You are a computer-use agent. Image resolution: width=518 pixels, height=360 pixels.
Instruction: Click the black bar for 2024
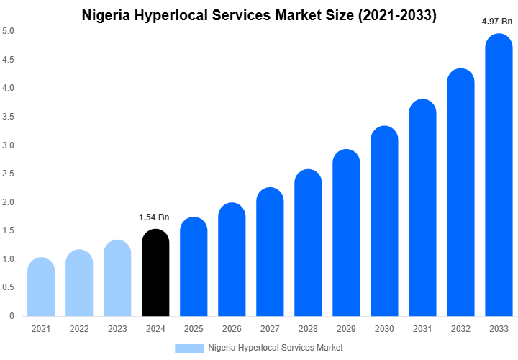(155, 274)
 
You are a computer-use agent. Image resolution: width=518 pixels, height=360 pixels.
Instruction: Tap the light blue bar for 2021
(41, 288)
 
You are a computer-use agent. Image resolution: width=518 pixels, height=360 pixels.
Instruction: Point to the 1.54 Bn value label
(154, 217)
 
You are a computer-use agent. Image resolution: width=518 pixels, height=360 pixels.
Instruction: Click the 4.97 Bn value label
(497, 22)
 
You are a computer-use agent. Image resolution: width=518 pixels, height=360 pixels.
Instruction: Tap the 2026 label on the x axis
(232, 329)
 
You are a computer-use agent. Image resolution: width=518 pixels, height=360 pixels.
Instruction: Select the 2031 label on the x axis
(422, 329)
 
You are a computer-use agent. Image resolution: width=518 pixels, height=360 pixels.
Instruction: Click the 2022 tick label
(79, 329)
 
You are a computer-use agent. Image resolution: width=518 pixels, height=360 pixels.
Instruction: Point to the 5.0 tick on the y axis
(8, 31)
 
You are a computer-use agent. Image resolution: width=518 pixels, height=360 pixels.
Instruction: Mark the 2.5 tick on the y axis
(8, 174)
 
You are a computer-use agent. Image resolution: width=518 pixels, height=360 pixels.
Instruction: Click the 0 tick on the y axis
(12, 316)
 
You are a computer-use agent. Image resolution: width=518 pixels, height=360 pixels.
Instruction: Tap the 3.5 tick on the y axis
(8, 117)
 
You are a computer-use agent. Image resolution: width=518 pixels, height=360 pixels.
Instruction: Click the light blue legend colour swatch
(189, 348)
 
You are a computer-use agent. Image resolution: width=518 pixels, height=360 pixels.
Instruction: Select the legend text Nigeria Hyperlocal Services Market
(276, 348)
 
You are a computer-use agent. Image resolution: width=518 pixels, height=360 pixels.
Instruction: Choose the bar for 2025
(194, 267)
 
